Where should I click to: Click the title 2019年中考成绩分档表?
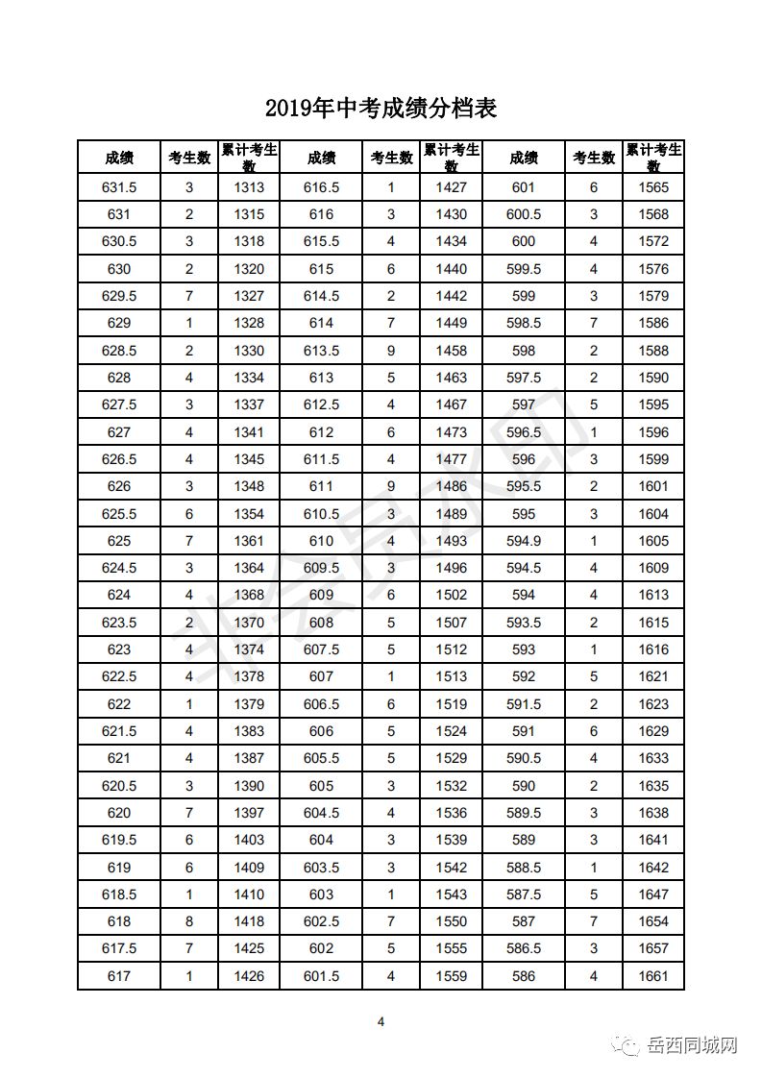point(381,108)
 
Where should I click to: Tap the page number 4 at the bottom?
point(381,1021)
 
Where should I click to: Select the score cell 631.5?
point(119,187)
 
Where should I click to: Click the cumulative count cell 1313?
point(249,187)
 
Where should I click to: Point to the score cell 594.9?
point(524,541)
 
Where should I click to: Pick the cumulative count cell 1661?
point(653,977)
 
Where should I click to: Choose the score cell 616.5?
point(321,187)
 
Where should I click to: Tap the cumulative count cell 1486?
point(452,486)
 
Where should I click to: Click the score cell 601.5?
point(321,977)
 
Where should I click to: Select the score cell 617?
point(119,977)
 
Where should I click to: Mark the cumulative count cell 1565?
point(653,187)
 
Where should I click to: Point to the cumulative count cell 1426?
point(249,977)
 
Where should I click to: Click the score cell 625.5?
point(119,514)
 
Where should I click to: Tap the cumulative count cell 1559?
point(452,977)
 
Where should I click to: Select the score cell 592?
point(524,676)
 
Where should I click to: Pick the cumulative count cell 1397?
point(249,813)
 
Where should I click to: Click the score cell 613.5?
point(321,351)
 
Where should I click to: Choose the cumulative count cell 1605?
point(653,541)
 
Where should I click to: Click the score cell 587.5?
point(524,894)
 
